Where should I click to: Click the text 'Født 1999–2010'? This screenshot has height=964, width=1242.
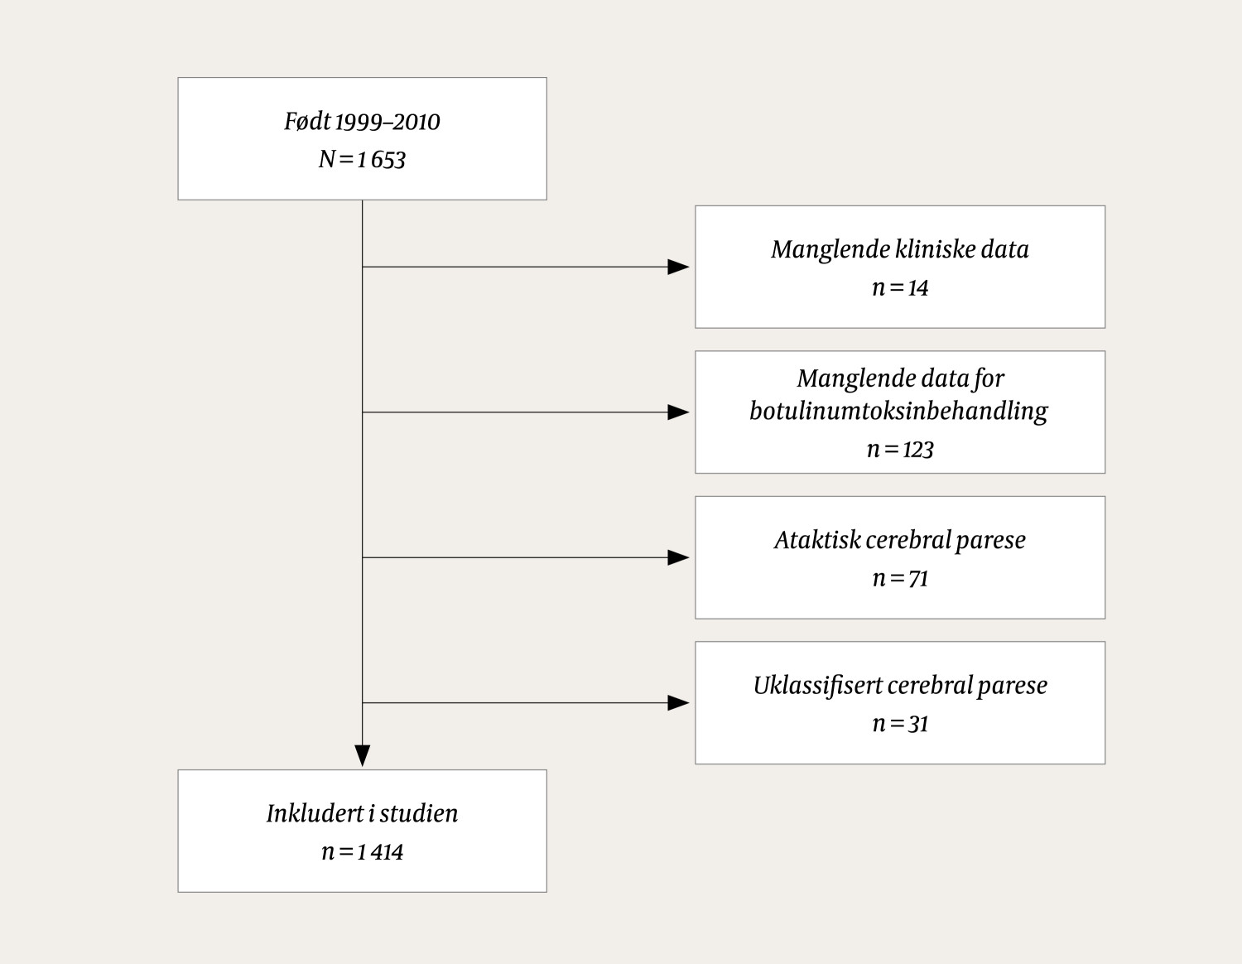[362, 122]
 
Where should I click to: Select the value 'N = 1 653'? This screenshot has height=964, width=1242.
[362, 159]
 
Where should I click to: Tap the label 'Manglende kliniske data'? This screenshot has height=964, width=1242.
[899, 249]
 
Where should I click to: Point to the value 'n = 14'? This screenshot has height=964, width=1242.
[899, 287]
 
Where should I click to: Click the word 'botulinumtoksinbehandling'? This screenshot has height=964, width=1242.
[898, 411]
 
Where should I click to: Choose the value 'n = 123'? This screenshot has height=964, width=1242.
[899, 449]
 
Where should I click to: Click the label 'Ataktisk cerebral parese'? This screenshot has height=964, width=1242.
[899, 540]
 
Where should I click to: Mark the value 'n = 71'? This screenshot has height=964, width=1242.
[899, 578]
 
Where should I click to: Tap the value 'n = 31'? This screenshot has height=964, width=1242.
[899, 724]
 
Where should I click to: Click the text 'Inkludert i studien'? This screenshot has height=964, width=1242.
[362, 813]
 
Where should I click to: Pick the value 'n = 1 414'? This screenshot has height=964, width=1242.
[362, 851]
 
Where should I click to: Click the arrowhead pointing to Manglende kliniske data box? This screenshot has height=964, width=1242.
[678, 267]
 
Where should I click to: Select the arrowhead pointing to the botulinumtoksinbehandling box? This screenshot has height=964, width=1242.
[678, 412]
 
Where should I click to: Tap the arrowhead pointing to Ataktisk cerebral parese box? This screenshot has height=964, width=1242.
[678, 557]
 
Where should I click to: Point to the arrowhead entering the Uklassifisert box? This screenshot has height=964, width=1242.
[678, 703]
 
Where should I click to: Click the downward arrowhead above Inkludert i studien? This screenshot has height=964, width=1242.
[362, 755]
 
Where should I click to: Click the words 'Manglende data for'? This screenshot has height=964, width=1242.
[899, 378]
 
